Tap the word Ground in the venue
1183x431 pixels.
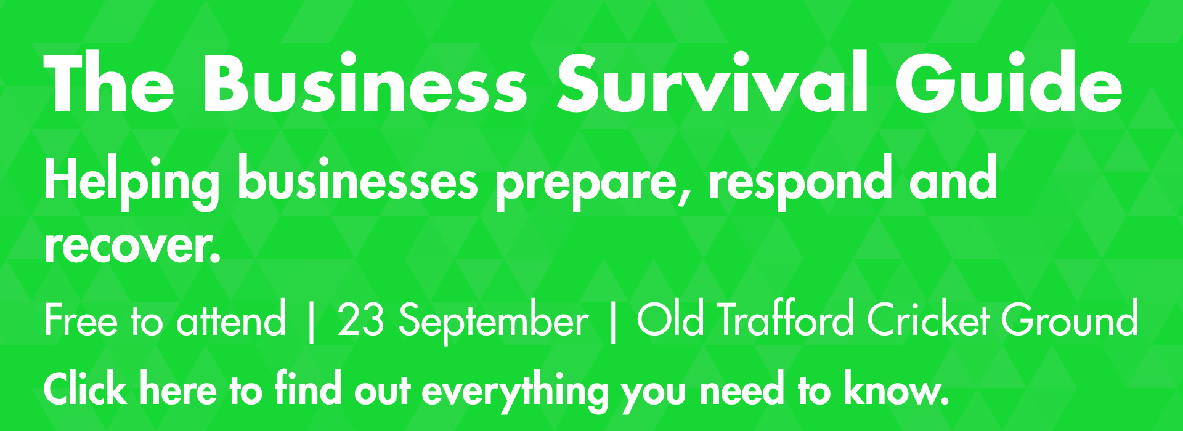pyautogui.click(x=1069, y=319)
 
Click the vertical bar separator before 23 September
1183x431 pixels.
pyautogui.click(x=311, y=321)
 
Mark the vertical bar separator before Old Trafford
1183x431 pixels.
pyautogui.click(x=612, y=321)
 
